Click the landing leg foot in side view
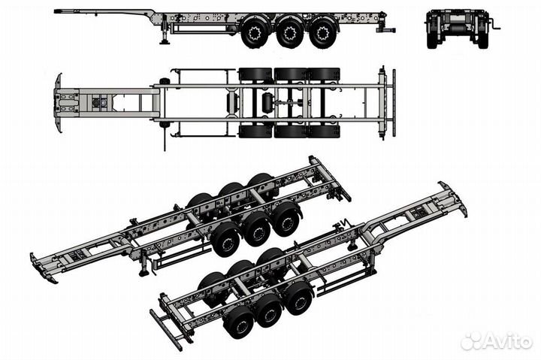point(165,42)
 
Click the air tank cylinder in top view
point(267,102)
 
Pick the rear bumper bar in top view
point(394,103)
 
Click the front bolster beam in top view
point(58,103)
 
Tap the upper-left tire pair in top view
point(255,74)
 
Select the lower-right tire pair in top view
point(324,132)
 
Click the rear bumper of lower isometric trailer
point(165,331)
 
